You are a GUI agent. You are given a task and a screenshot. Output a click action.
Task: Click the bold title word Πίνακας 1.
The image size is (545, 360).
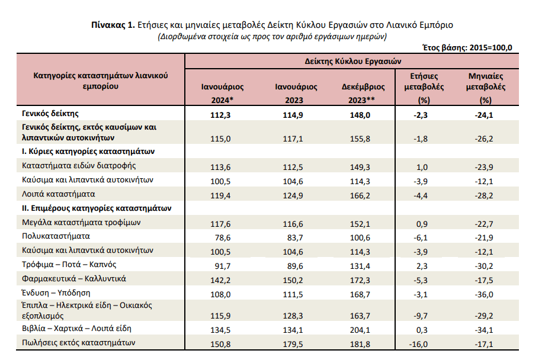(113, 25)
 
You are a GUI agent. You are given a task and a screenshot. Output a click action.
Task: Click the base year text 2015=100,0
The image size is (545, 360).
(490, 47)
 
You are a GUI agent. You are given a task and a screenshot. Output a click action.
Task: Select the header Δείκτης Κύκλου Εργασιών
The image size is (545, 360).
(353, 62)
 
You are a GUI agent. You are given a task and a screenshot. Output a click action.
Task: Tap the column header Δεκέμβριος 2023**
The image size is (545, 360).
(363, 94)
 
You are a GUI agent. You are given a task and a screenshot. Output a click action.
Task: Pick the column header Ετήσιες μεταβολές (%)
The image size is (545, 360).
(424, 88)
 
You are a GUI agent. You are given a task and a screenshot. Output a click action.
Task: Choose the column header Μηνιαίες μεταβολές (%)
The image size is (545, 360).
(486, 88)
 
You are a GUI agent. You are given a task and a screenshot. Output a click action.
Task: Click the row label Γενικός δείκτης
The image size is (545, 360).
(50, 114)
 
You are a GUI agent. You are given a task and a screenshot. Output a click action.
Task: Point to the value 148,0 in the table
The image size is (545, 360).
(360, 115)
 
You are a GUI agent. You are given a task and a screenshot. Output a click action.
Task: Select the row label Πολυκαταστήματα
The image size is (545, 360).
(56, 236)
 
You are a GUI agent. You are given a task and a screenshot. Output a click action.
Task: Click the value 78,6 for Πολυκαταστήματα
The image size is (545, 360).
(223, 237)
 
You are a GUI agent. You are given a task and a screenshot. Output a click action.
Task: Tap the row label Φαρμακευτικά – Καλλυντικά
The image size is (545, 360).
(73, 279)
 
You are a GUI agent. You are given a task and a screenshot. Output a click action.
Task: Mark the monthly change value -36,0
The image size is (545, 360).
(484, 295)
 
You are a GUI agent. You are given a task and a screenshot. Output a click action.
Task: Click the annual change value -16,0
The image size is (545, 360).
(418, 345)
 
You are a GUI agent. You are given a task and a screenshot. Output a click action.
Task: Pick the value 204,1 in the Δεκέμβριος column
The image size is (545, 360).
(360, 330)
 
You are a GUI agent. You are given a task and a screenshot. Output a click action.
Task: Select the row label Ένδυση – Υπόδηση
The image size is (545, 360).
(56, 293)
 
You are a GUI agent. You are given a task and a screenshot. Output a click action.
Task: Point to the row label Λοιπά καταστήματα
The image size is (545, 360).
(59, 194)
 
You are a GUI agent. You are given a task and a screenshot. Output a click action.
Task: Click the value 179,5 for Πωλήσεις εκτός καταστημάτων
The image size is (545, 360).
(293, 345)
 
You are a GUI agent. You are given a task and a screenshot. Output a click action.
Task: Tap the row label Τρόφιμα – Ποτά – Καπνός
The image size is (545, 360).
(69, 265)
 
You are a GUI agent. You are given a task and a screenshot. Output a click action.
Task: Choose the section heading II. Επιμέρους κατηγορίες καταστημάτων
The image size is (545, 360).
(97, 208)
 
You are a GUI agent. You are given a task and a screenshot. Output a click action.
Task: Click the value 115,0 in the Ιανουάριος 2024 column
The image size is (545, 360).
(220, 139)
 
